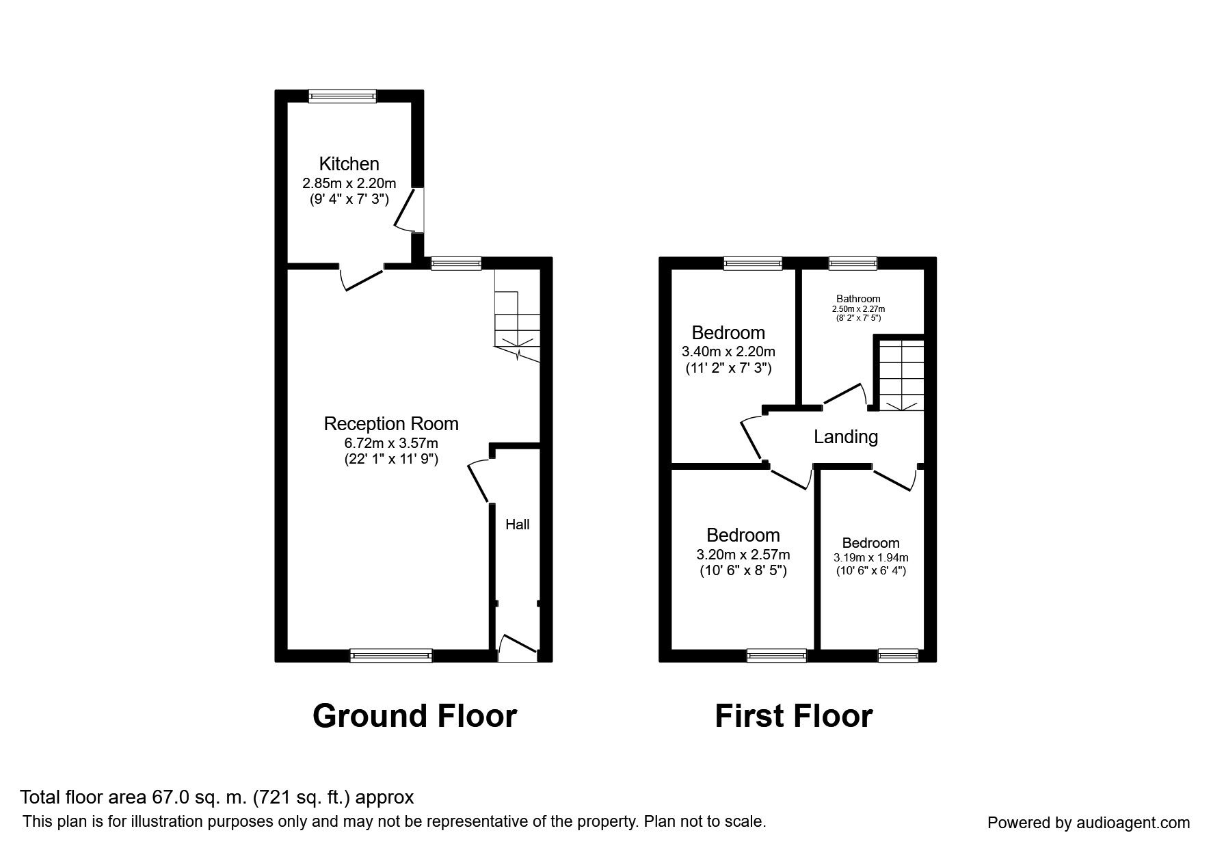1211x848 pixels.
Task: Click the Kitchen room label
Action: tap(349, 164)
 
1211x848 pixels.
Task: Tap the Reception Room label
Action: tap(390, 424)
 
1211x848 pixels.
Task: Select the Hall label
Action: tap(517, 525)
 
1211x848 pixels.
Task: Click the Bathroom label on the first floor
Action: tap(858, 299)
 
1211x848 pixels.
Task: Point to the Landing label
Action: tap(845, 436)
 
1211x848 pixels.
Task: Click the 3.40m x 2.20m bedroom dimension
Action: tap(728, 352)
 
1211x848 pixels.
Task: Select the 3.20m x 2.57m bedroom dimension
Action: tap(743, 555)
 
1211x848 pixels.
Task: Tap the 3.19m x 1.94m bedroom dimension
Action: tap(870, 558)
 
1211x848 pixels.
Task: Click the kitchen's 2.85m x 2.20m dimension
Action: tap(349, 183)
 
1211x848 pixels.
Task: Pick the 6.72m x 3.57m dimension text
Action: tap(390, 443)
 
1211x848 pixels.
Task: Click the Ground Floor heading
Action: tap(414, 716)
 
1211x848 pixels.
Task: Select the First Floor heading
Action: tap(793, 716)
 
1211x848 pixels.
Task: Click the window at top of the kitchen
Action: tap(342, 96)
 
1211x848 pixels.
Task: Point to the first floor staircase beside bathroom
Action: tap(901, 374)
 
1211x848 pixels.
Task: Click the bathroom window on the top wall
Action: tap(853, 263)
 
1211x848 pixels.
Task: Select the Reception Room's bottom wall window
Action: tap(391, 656)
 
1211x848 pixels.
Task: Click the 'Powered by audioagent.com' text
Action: tap(1089, 823)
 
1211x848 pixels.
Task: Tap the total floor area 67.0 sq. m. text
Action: tap(217, 797)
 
